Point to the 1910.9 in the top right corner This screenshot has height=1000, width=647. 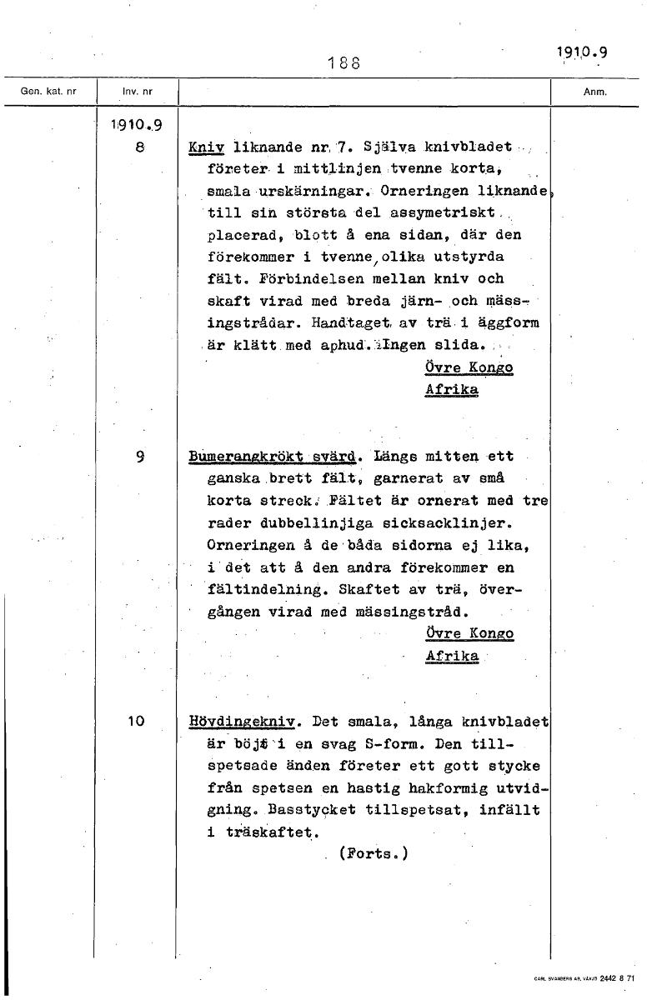click(x=581, y=52)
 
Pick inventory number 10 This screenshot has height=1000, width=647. click(x=137, y=721)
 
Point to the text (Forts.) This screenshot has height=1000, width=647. click(x=373, y=853)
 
